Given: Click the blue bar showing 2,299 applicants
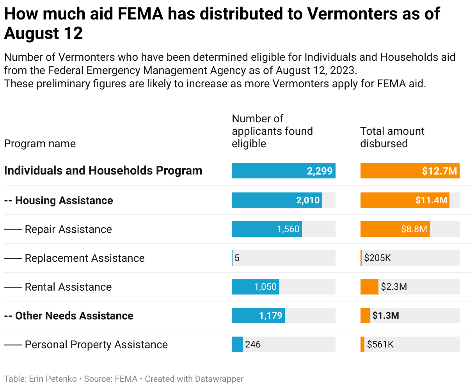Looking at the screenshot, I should click(283, 171).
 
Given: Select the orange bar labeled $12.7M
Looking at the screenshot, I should click(410, 171).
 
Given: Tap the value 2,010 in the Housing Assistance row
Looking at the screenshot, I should click(308, 200).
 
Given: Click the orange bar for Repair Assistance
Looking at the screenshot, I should click(395, 229).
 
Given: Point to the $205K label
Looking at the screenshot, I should click(377, 258).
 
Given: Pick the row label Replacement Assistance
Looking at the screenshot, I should click(84, 258).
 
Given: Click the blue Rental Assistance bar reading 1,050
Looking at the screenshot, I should click(256, 287).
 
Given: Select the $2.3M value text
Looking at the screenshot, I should click(394, 287).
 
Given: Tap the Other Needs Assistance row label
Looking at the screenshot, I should click(74, 316).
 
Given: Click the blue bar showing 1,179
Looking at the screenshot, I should click(258, 316).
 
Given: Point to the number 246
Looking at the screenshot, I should click(253, 344).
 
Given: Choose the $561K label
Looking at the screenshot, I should click(380, 344).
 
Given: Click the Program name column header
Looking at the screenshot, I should click(40, 144).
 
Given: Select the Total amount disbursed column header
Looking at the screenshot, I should click(392, 137).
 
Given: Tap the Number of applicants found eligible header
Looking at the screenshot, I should click(272, 131).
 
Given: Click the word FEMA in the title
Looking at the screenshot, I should click(140, 14).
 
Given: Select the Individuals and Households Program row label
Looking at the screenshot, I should click(103, 171).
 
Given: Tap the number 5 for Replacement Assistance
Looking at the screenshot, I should click(237, 258).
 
